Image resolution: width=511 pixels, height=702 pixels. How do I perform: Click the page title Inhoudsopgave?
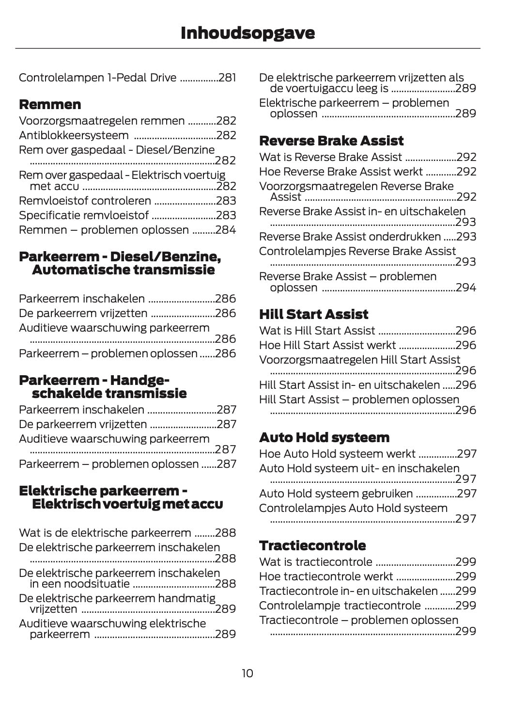(248, 33)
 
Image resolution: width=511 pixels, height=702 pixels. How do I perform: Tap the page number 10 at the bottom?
(247, 673)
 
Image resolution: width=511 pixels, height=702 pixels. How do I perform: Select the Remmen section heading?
(50, 104)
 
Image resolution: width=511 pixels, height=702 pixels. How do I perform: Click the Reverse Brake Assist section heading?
(331, 141)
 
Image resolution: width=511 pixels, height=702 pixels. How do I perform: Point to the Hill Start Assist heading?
(313, 314)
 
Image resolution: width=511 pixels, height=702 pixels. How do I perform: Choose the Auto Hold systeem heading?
(324, 437)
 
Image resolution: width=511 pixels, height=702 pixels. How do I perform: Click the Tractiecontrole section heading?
(312, 545)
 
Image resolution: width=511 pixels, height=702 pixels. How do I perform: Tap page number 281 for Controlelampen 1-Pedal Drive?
(227, 78)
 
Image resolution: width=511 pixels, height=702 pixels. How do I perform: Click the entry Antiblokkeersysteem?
(74, 135)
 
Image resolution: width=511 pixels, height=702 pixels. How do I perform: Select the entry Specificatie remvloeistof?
(83, 215)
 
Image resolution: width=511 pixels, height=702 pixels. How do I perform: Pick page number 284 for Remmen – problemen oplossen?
(226, 230)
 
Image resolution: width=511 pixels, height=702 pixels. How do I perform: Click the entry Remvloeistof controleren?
(85, 201)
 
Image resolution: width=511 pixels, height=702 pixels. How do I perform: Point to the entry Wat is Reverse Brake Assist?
(330, 157)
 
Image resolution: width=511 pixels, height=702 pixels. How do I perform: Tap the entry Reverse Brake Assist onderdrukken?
(350, 237)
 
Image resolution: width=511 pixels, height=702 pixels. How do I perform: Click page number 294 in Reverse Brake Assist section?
(466, 287)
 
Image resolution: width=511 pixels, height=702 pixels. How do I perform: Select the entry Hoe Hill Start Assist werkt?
(327, 345)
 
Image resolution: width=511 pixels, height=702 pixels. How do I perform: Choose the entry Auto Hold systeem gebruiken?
(336, 494)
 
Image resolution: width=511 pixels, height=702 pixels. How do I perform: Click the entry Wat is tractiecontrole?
(315, 562)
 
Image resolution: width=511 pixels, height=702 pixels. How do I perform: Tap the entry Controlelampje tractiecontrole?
(340, 606)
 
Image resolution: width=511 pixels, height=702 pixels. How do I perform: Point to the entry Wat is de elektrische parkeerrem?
(105, 533)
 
